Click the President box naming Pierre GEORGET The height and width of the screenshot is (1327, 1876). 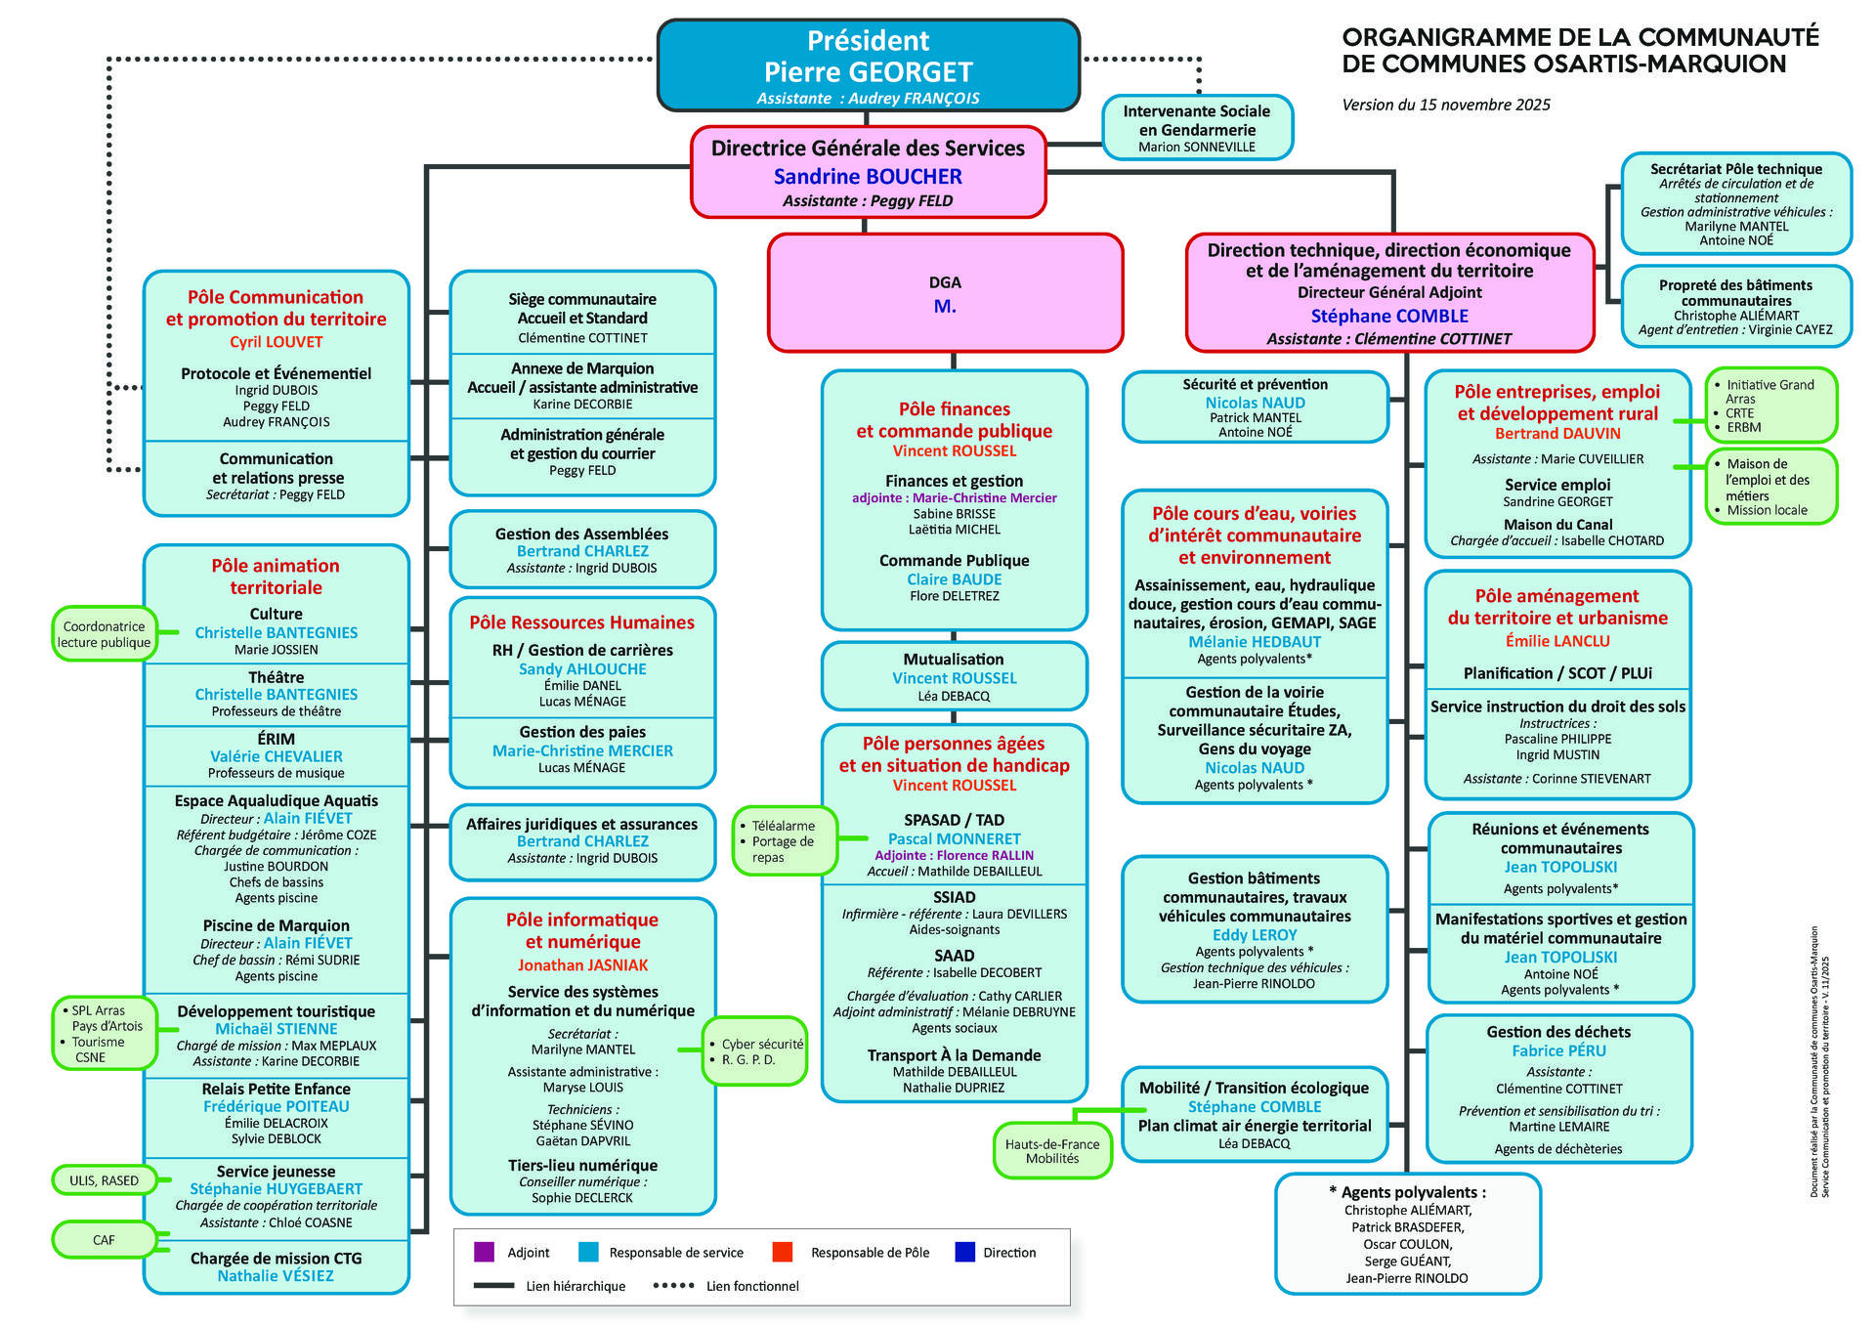[x=868, y=64]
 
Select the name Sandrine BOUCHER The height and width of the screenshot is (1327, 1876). [x=868, y=177]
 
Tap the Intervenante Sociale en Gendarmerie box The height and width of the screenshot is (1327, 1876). [x=1197, y=128]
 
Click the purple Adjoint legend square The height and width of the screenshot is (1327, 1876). [x=484, y=1252]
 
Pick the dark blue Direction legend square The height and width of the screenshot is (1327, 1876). [x=965, y=1252]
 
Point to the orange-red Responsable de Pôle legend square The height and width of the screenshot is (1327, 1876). [x=782, y=1252]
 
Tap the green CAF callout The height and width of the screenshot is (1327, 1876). [x=104, y=1240]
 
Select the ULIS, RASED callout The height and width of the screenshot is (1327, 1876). [x=104, y=1180]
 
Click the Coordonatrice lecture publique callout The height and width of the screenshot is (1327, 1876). [x=104, y=634]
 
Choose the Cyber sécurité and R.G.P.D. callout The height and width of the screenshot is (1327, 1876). [x=755, y=1051]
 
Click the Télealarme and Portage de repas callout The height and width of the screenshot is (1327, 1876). [x=785, y=840]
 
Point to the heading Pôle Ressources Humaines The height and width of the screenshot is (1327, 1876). [x=582, y=622]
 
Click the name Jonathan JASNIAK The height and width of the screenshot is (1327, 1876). [x=582, y=965]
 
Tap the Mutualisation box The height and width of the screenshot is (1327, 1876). [x=954, y=676]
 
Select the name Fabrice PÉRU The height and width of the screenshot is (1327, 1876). [x=1558, y=1050]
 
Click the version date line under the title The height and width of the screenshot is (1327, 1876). [x=1446, y=105]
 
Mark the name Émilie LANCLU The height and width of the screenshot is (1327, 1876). [x=1557, y=641]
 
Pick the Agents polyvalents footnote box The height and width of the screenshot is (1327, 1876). [x=1407, y=1234]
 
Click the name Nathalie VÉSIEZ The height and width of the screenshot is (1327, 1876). [x=276, y=1275]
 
